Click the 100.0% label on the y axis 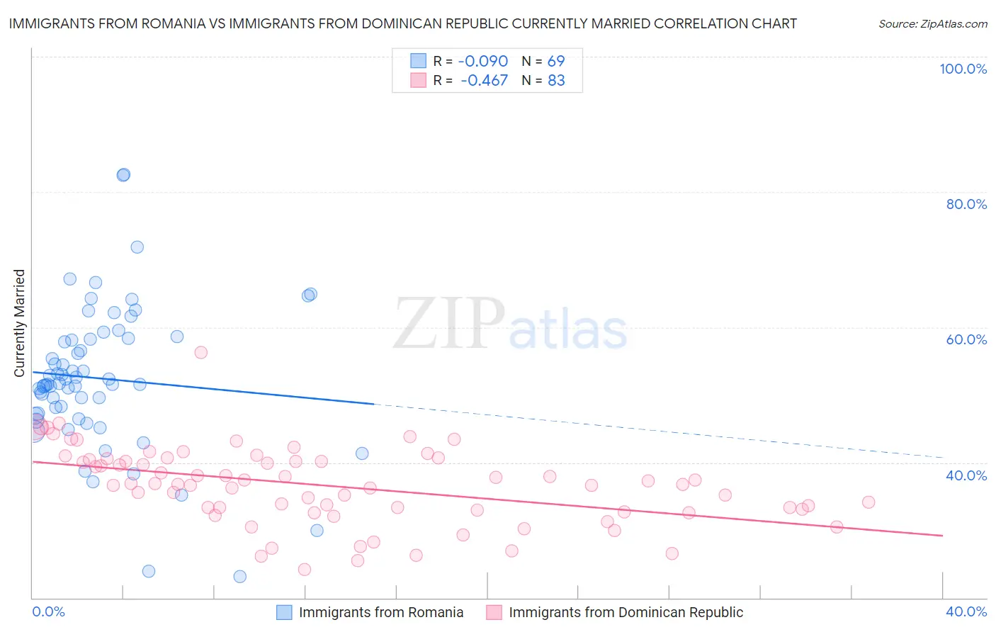(x=963, y=69)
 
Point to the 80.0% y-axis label (x=966, y=204)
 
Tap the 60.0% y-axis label (x=966, y=339)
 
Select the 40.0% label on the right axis (x=966, y=475)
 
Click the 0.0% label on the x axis (x=48, y=611)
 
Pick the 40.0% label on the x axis (x=966, y=611)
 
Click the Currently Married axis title (x=19, y=323)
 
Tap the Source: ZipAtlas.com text (x=932, y=23)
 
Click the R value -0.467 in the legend (x=484, y=80)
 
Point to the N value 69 (x=556, y=61)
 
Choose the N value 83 (x=556, y=80)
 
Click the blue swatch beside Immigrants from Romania (x=284, y=612)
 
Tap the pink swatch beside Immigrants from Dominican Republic (x=494, y=612)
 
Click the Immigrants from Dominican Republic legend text (x=626, y=612)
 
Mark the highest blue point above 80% (x=123, y=175)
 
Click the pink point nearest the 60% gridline (x=200, y=352)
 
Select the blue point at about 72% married (x=137, y=247)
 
